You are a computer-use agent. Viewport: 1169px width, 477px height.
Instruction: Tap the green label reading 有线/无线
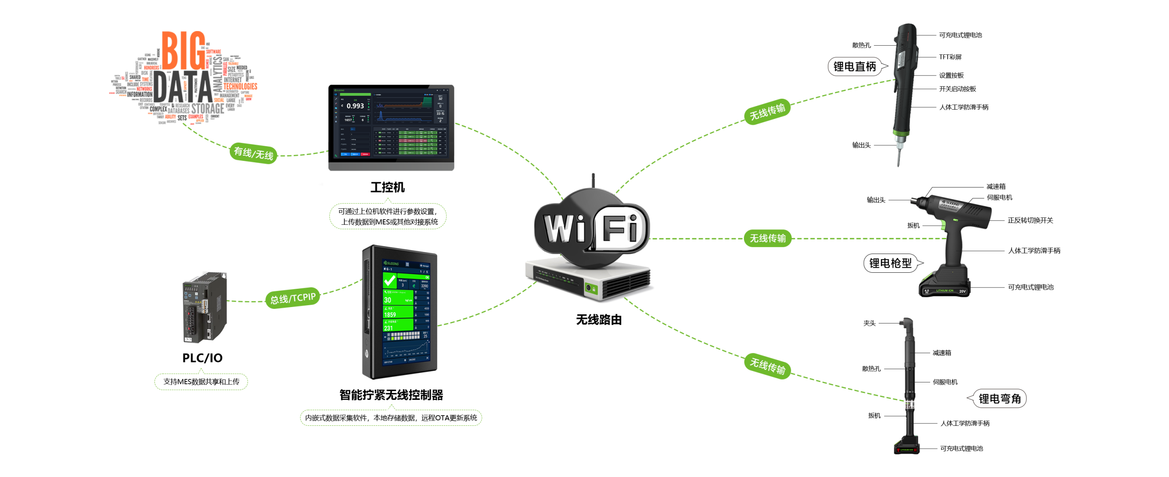253,153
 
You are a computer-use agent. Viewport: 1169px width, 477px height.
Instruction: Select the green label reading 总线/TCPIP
293,298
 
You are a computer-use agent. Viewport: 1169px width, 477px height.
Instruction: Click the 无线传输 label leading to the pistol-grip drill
768,238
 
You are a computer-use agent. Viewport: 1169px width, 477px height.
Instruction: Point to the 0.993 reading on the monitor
355,106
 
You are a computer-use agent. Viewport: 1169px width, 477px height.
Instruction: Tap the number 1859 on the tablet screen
390,314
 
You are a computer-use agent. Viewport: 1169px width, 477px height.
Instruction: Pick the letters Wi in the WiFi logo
564,228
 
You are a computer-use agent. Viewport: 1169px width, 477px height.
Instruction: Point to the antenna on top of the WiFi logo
593,180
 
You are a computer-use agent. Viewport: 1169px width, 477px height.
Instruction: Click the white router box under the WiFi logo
589,279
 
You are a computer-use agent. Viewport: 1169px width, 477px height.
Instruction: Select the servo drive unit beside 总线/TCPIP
204,307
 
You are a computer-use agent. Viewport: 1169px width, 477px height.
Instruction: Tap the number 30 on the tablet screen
387,300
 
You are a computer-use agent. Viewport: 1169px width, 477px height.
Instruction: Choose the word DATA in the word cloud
183,87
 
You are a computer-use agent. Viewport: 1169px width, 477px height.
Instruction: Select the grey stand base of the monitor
391,166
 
